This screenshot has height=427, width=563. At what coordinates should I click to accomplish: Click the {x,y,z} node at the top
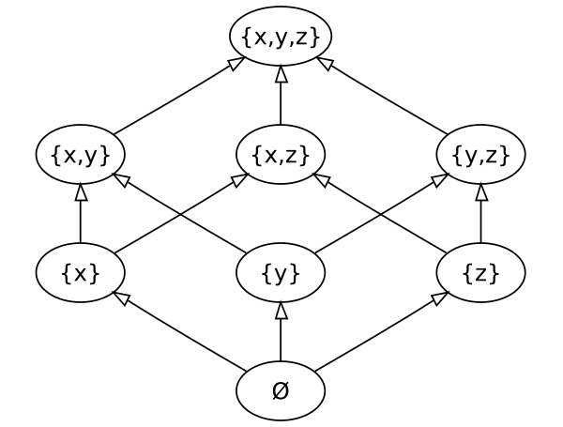(281, 37)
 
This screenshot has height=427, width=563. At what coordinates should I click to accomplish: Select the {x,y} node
(81, 155)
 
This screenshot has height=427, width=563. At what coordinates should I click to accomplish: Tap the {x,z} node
(281, 155)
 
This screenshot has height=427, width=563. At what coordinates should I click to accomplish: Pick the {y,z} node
(480, 155)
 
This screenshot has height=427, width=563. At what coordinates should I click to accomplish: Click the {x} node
(81, 273)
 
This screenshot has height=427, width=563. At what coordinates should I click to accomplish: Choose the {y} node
(281, 273)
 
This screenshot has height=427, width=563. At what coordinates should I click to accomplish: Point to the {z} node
(480, 273)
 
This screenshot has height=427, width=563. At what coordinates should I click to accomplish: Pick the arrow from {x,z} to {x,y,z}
(281, 96)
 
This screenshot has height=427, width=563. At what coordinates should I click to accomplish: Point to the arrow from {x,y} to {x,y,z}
(178, 97)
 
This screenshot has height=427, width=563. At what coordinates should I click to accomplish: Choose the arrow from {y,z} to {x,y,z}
(383, 97)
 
